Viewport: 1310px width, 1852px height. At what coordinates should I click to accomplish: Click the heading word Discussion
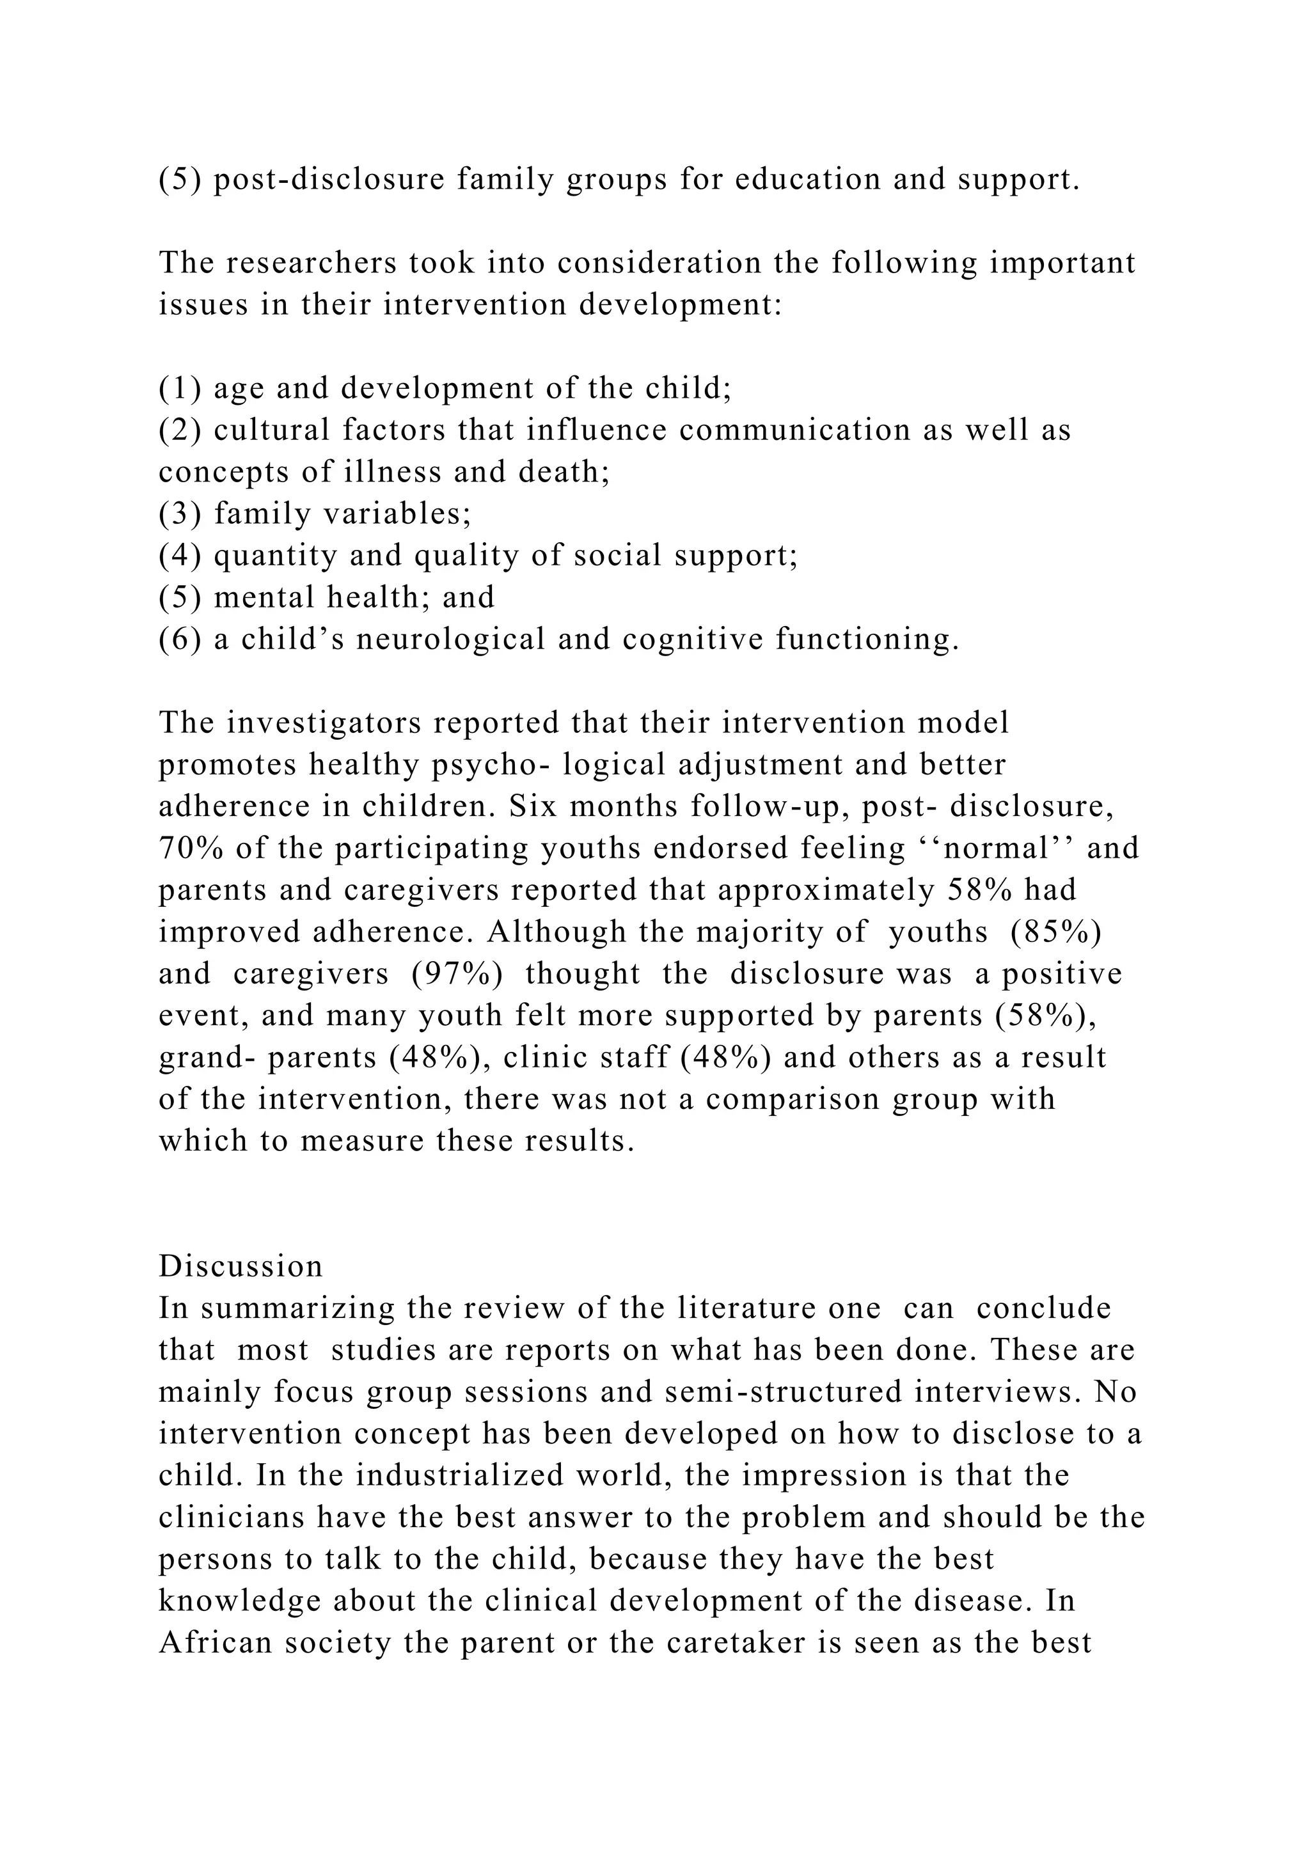pyautogui.click(x=241, y=1266)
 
